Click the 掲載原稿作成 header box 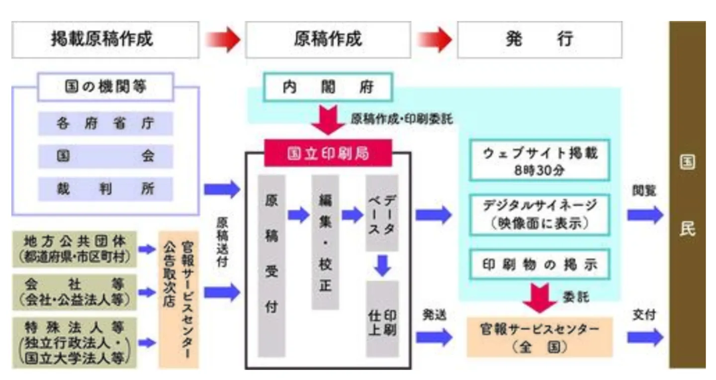105,39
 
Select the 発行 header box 539,39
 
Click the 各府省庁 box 105,123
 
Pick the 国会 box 105,156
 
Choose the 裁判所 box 105,189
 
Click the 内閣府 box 328,88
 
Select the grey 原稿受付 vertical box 271,265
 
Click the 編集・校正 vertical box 325,242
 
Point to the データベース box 382,213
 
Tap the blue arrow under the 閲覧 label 645,215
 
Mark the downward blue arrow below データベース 382,266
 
